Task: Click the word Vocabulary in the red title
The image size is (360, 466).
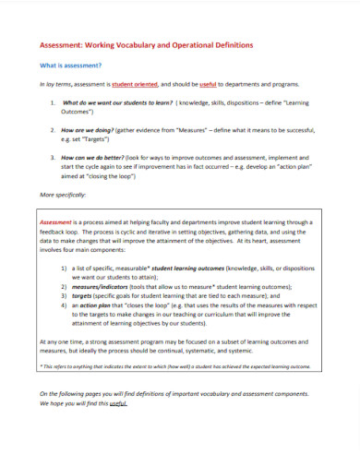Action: pyautogui.click(x=138, y=45)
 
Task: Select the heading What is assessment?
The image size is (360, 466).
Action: pyautogui.click(x=70, y=66)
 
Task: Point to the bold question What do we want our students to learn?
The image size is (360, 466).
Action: pyautogui.click(x=117, y=102)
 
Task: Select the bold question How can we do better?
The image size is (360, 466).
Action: pyautogui.click(x=93, y=158)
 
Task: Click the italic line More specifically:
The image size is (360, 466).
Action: pyautogui.click(x=64, y=195)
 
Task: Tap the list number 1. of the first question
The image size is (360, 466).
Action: pyautogui.click(x=53, y=102)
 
